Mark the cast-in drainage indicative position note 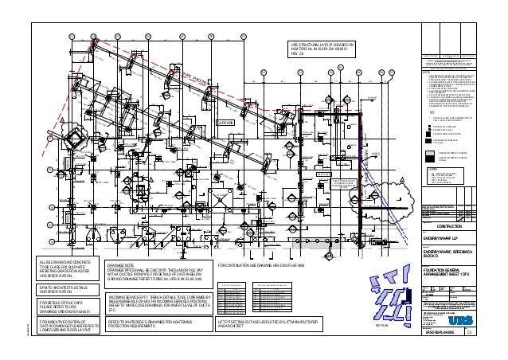(x=67, y=326)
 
